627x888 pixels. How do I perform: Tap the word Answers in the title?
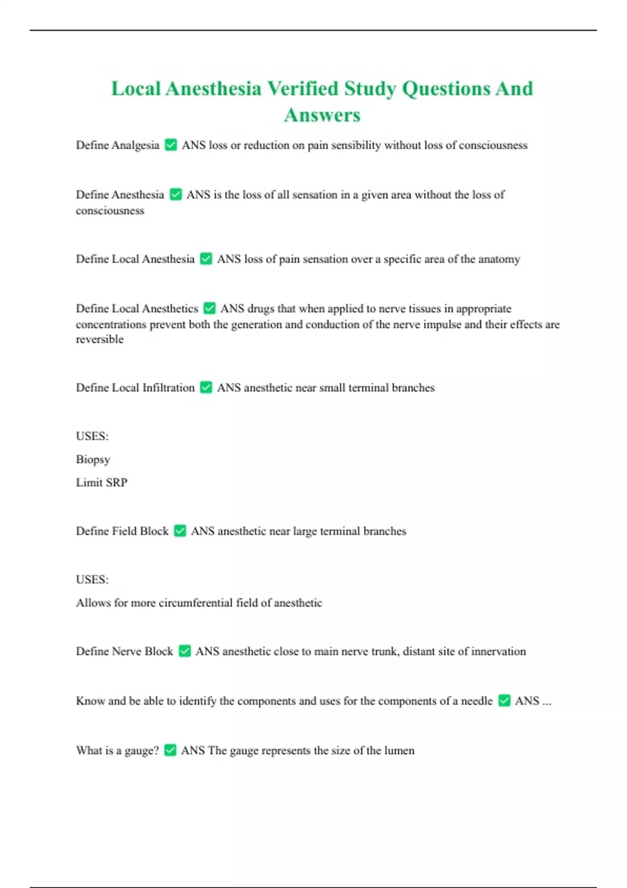[322, 115]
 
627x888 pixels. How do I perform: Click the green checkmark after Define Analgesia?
[171, 145]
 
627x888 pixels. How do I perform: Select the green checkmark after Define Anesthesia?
[176, 194]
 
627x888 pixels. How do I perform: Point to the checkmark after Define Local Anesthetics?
[210, 308]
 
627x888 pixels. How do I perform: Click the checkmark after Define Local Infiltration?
[206, 387]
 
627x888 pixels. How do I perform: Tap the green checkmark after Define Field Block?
[180, 531]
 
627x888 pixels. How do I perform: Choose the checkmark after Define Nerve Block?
[184, 651]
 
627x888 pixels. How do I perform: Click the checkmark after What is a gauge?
[170, 750]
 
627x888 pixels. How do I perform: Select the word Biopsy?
[93, 460]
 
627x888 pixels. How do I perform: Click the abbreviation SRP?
[117, 482]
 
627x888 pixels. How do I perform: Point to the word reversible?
[100, 339]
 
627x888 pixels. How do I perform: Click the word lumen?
[399, 750]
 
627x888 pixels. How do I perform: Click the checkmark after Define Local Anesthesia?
[206, 259]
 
